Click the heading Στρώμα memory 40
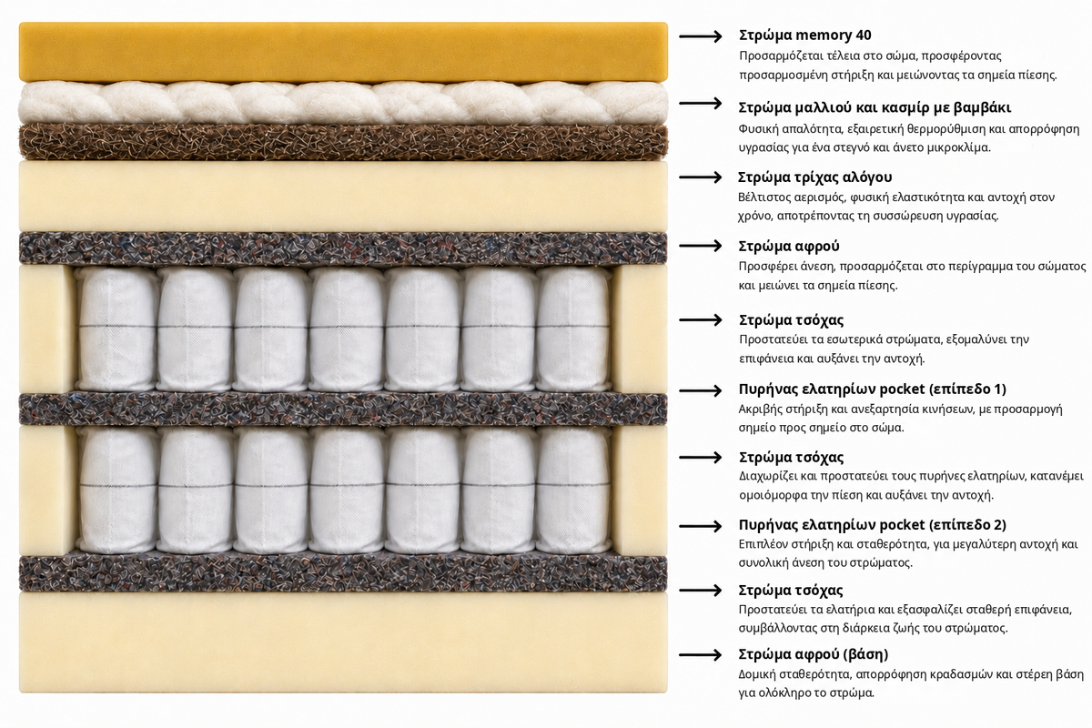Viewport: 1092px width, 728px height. click(x=804, y=35)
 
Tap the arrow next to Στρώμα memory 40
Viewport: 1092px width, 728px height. click(x=700, y=36)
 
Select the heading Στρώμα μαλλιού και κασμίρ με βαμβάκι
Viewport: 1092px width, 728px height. click(x=875, y=107)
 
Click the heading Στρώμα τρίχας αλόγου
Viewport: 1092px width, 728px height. click(x=814, y=177)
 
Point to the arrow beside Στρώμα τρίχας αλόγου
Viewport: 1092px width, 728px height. click(x=700, y=177)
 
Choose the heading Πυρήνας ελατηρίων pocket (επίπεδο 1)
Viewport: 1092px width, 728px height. click(x=872, y=389)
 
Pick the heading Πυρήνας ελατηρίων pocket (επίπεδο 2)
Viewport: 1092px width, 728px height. click(x=872, y=525)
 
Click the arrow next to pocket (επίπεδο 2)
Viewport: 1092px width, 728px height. click(x=700, y=526)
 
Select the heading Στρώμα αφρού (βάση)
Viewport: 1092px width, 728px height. click(x=814, y=654)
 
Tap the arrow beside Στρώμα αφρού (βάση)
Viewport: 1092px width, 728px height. click(x=700, y=655)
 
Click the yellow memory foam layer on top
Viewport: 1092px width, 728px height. click(x=343, y=52)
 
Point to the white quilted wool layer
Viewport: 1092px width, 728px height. click(x=343, y=103)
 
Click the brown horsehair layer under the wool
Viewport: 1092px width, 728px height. click(x=343, y=141)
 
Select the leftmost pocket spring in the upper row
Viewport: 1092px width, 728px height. click(x=117, y=329)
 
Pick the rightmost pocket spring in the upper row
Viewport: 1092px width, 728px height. click(x=573, y=329)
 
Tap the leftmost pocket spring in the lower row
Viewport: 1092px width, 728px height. click(x=117, y=490)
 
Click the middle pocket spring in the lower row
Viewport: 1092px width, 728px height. click(x=346, y=490)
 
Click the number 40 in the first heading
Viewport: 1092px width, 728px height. click(x=864, y=35)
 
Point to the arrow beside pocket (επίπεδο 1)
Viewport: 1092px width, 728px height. click(x=700, y=390)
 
